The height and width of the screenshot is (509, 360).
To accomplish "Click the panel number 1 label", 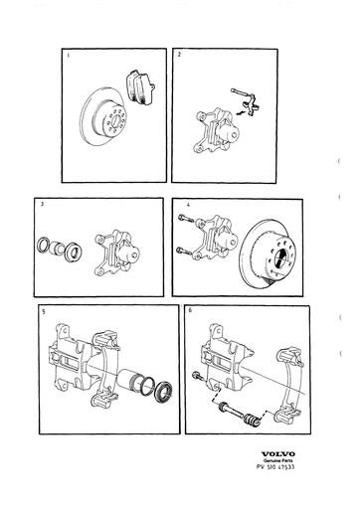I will tap(69, 56).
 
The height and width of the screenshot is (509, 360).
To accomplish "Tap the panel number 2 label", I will tap(179, 56).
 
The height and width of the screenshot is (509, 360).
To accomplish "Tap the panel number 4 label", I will tap(187, 207).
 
